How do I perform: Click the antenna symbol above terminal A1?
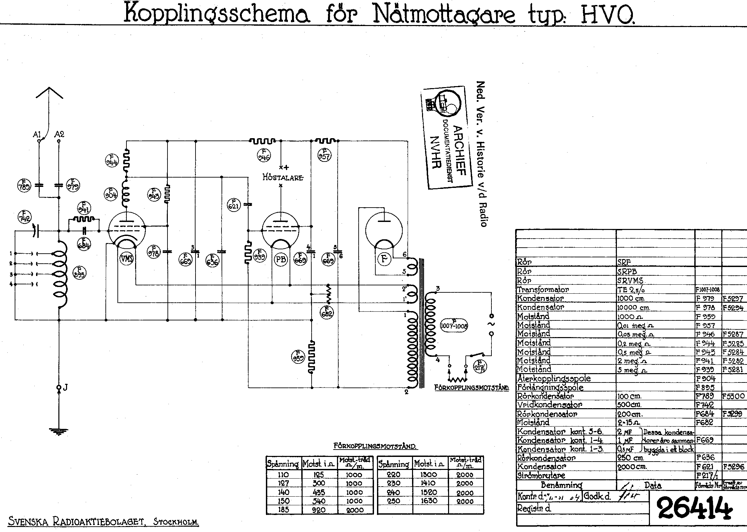[49, 93]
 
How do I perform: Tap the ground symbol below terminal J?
[59, 432]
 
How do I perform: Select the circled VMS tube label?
[127, 258]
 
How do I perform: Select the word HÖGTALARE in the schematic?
[283, 178]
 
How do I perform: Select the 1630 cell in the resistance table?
[429, 501]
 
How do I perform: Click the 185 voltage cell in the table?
[283, 510]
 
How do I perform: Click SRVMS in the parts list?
[630, 281]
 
